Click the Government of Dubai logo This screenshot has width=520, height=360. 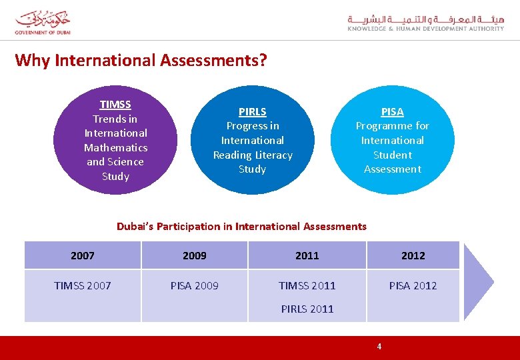click(43, 22)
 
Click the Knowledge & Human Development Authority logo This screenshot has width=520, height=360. click(425, 23)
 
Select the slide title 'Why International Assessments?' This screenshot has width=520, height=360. click(141, 61)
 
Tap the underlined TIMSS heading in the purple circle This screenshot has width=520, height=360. click(115, 105)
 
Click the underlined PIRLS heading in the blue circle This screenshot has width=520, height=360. click(253, 112)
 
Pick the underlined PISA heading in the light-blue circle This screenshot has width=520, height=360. click(392, 112)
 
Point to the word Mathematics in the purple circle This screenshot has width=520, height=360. click(115, 147)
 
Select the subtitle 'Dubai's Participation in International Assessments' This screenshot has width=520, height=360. click(241, 227)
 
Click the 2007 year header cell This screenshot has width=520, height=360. click(83, 255)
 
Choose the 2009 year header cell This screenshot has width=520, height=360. click(195, 255)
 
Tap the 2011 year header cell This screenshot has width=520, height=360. click(307, 255)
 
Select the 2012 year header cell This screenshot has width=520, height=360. click(413, 255)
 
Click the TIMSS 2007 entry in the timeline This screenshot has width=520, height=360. click(83, 286)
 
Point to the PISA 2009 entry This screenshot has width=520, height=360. click(195, 286)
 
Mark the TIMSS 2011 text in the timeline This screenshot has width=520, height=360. click(307, 286)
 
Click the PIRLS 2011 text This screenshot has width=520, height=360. click(307, 309)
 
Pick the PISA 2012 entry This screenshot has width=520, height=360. click(413, 286)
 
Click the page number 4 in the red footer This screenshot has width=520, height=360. click(379, 347)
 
